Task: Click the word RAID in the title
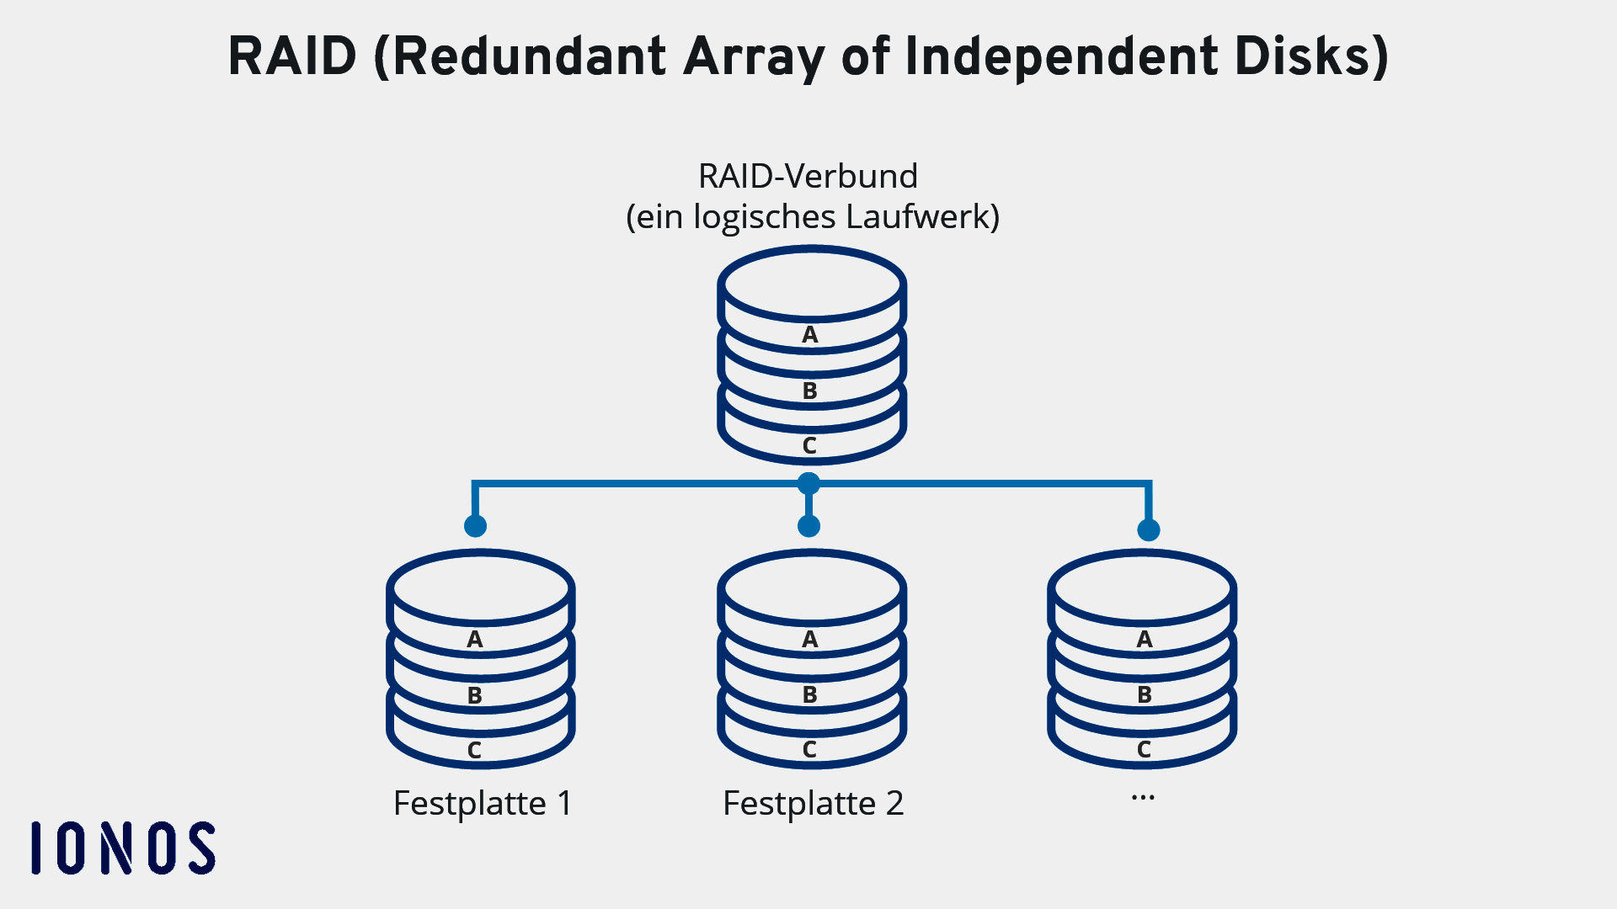click(292, 57)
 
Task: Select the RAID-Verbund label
click(808, 177)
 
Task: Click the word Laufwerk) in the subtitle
click(922, 217)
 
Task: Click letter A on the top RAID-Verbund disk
click(810, 335)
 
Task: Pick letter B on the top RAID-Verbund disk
click(810, 391)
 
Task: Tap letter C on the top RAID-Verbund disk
click(810, 446)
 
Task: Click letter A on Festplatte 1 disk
click(475, 640)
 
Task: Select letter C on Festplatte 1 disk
click(475, 751)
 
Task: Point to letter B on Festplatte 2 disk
click(810, 695)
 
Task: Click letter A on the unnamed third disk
click(1145, 640)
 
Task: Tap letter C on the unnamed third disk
click(1145, 750)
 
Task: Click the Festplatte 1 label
click(483, 804)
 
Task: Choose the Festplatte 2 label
click(813, 804)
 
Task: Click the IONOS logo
click(124, 848)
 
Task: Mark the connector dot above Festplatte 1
click(476, 527)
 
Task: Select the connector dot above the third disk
click(1149, 530)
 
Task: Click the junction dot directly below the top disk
click(808, 484)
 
